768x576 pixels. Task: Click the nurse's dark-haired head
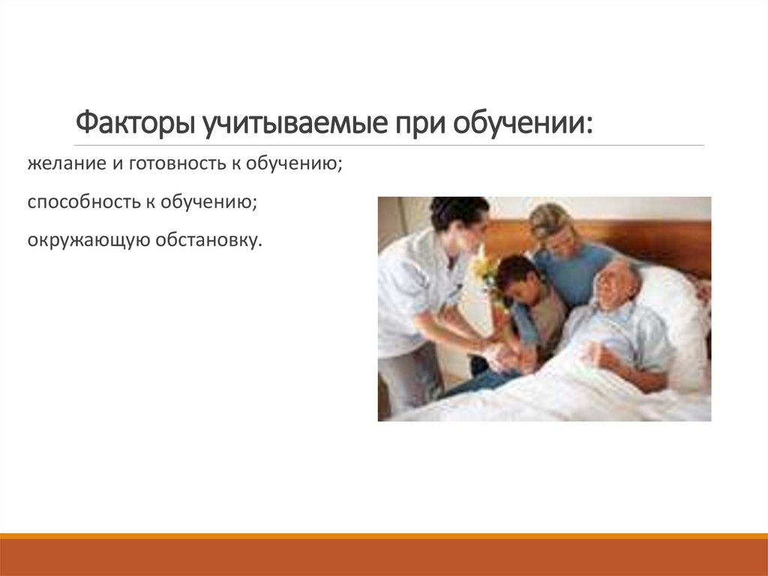[x=458, y=213]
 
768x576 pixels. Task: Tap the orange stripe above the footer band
[x=384, y=536]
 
